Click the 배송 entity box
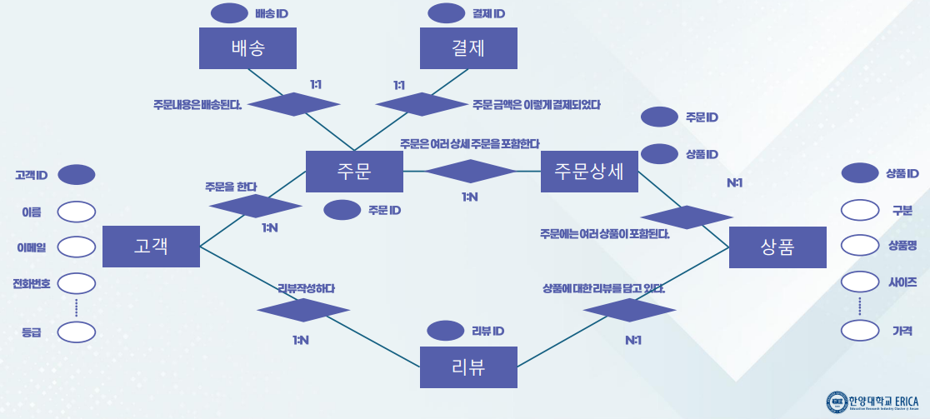pos(248,48)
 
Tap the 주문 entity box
pos(354,172)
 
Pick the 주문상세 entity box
pos(589,172)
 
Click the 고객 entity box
pos(151,246)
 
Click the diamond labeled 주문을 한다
pos(255,206)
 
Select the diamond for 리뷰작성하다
pos(303,310)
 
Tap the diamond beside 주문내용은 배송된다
pos(294,104)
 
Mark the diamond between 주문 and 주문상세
pos(472,171)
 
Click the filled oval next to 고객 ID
pos(76,175)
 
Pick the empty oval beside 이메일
pos(76,247)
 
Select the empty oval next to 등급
pos(76,332)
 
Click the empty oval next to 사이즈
pos(861,282)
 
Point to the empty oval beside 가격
pos(861,331)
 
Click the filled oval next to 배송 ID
pos(230,13)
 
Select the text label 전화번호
pos(32,283)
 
